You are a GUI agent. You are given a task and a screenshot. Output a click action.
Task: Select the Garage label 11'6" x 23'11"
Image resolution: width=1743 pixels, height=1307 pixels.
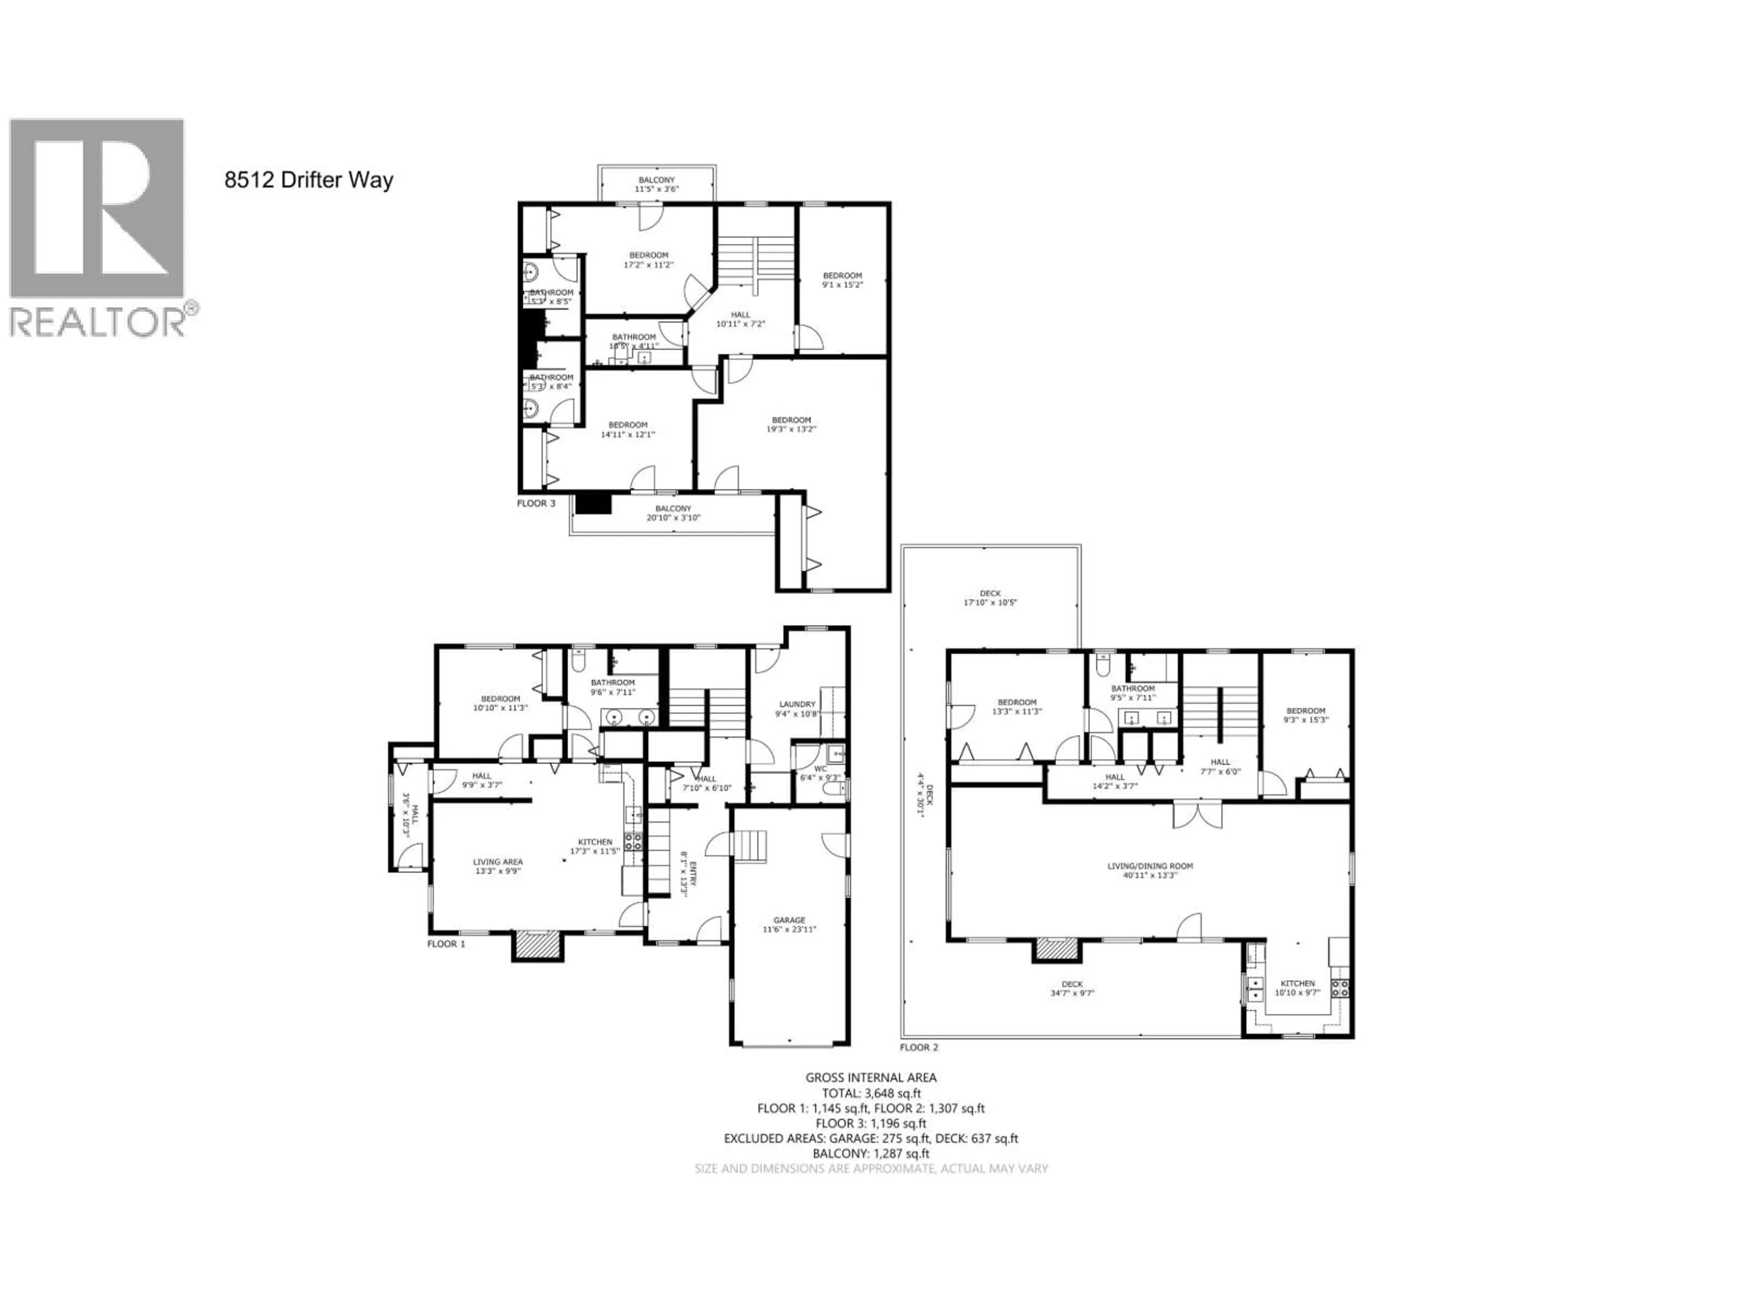click(x=789, y=924)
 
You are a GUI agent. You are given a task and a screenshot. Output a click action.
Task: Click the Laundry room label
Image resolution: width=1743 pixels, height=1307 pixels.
click(x=797, y=709)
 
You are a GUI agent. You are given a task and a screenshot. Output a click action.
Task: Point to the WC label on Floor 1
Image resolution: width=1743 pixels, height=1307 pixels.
click(x=820, y=769)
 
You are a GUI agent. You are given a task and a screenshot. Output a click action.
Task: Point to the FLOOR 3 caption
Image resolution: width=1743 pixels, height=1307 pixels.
click(x=536, y=503)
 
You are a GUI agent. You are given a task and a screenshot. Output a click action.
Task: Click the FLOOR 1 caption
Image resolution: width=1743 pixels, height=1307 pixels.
click(x=446, y=944)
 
